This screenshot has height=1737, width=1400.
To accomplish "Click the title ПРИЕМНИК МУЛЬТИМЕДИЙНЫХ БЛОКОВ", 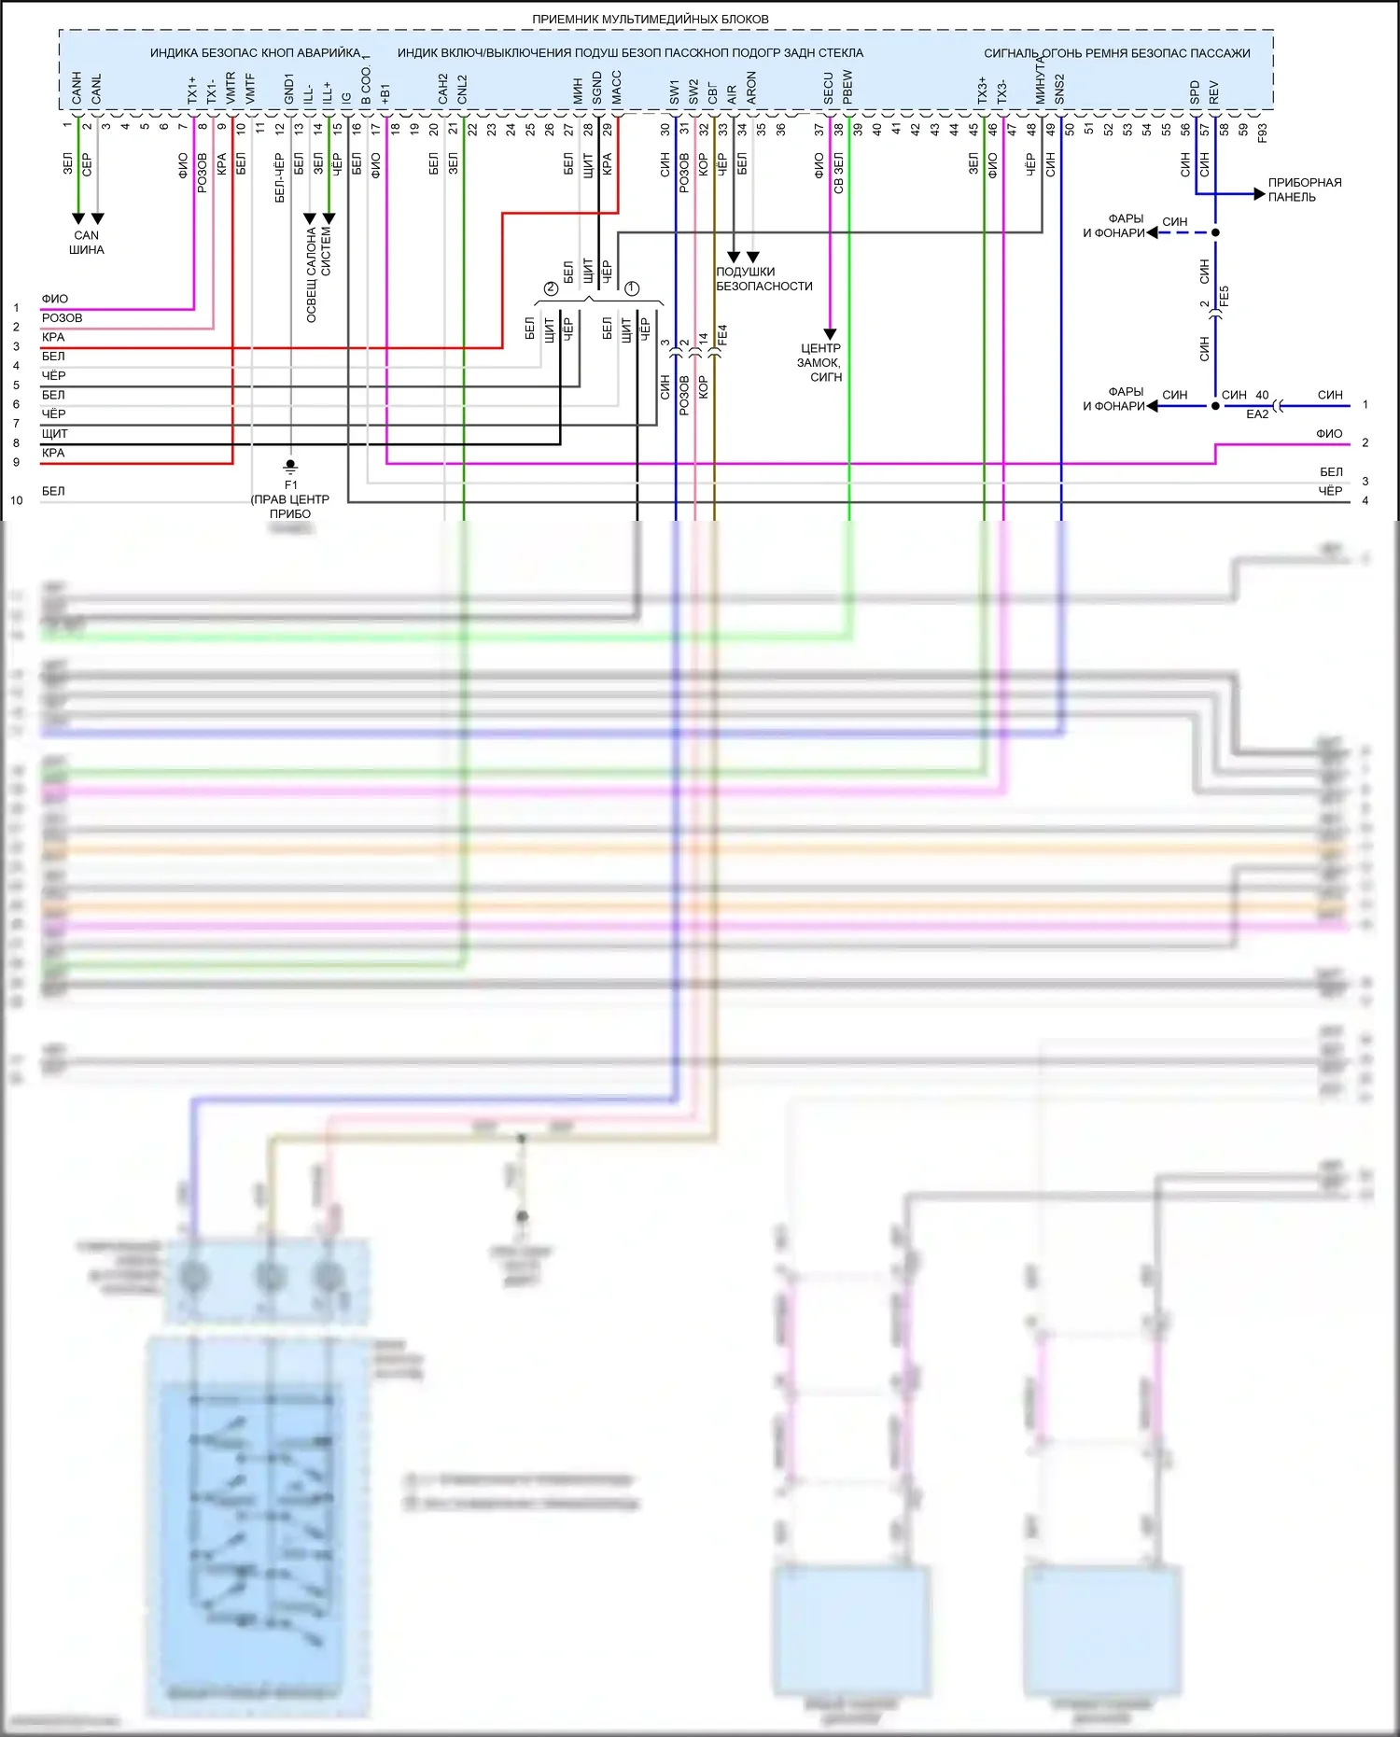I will pos(651,19).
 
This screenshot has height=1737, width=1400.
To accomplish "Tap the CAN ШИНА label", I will pos(87,243).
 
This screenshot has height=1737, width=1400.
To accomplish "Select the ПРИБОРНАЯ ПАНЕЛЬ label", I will pos(1305,189).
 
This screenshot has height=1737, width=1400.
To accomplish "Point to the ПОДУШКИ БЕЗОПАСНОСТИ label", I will pos(763,279).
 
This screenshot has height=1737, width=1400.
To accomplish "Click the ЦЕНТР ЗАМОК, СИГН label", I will pos(820,362).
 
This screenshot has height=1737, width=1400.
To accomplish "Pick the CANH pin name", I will pos(77,88).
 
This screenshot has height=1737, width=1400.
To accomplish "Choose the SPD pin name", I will pos(1195,91).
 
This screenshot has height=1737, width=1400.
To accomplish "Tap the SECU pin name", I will pos(828,88).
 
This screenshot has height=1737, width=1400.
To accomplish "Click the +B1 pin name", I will pos(385,93).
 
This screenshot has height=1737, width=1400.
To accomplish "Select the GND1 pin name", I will pos(289,89).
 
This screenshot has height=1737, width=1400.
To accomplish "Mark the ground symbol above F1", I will pos(291,466).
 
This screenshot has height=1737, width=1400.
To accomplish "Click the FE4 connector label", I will pos(722,336).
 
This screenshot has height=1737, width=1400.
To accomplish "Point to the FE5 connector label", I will pos(1225,296).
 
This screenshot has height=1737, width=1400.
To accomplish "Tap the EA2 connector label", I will pos(1257,414).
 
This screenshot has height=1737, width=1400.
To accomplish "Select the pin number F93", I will pos(1263,133).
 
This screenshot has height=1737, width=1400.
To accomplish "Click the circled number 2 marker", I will pos(551,288).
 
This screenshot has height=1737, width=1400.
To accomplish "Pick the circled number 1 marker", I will pos(632,288).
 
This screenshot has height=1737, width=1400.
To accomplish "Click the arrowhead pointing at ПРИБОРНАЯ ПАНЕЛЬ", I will pos(1259,194).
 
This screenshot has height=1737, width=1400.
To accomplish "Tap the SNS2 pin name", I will pos(1059,89).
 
